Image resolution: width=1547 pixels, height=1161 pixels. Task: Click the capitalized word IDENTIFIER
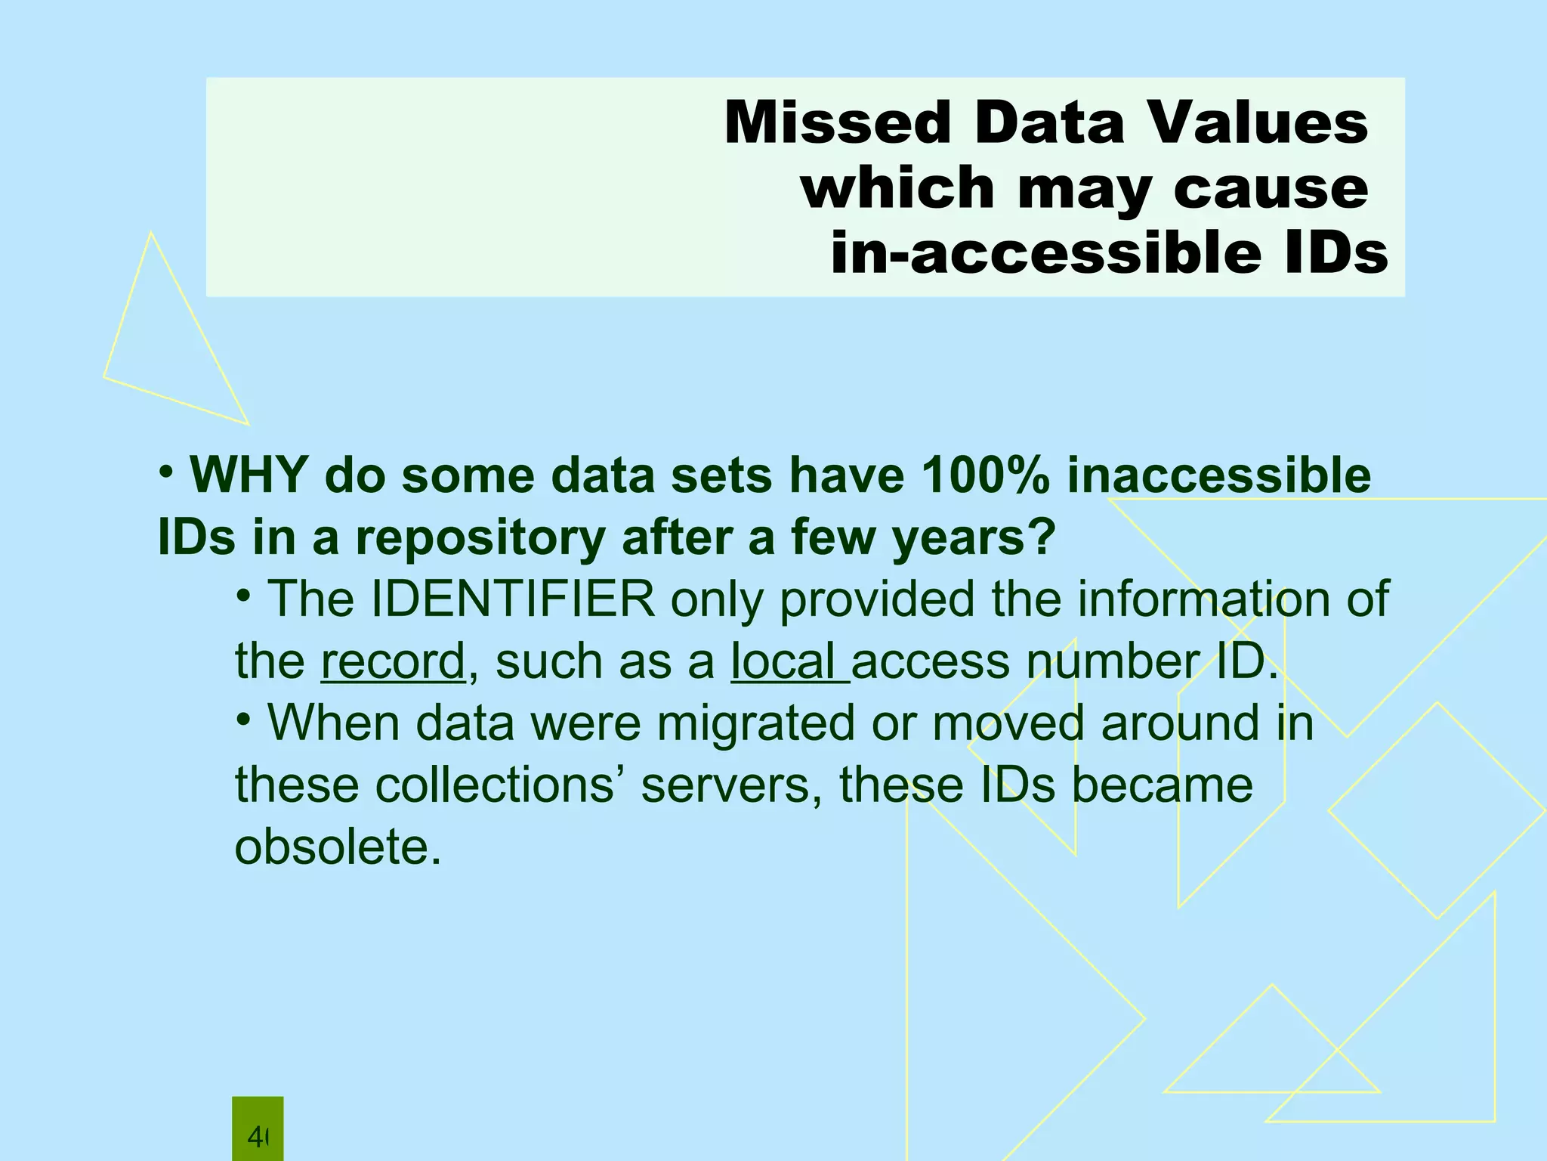(513, 599)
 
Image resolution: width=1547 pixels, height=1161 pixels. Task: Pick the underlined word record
(393, 661)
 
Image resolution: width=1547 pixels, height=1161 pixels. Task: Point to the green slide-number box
(258, 1128)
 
